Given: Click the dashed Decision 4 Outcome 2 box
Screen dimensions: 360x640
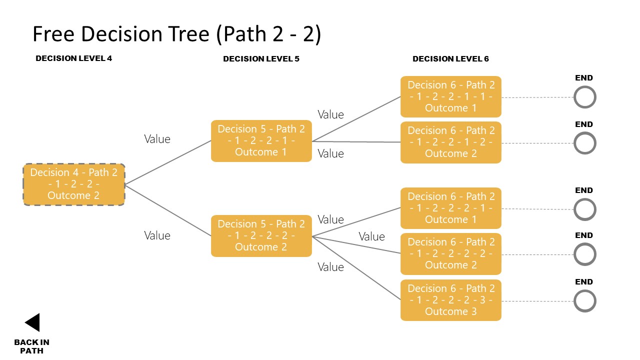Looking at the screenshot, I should [74, 184].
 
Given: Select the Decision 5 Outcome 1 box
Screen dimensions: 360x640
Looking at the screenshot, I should [261, 140].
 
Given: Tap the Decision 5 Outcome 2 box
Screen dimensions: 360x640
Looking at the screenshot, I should [261, 235].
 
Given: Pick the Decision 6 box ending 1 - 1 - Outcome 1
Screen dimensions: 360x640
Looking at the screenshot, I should [450, 96].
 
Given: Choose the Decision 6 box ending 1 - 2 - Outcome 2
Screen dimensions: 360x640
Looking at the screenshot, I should [450, 142].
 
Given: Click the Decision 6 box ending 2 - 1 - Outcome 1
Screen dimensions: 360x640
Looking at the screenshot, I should [450, 208].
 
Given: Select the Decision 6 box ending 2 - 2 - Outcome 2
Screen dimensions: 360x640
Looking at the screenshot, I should [450, 253].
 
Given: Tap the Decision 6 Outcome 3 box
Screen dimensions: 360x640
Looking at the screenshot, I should [450, 300].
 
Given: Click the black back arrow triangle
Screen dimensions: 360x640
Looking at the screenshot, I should [33, 322].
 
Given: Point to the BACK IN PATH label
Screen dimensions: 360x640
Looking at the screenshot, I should [31, 346].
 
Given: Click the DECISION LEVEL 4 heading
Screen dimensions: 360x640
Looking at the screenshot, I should [73, 58].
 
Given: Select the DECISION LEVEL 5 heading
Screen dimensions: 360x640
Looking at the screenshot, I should [261, 59].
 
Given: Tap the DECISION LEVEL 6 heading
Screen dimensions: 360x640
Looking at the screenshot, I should [450, 59].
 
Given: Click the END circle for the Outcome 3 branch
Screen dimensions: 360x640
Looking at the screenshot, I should [584, 301].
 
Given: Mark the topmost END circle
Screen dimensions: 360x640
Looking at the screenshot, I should [584, 97].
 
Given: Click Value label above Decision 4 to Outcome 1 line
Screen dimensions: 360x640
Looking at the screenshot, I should [157, 139].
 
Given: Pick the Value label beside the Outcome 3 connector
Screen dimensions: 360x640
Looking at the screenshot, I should [330, 267].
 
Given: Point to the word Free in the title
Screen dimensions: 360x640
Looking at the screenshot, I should [53, 34].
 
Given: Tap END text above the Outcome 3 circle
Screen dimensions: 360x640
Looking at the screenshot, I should [583, 282].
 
